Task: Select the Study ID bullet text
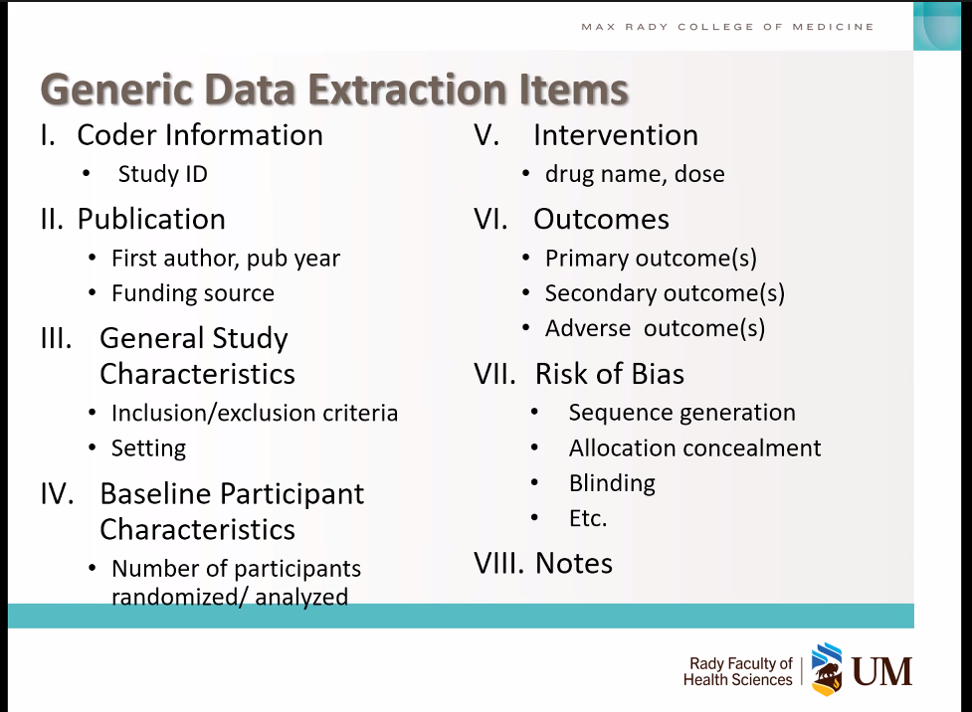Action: coord(162,174)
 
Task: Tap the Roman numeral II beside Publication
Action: coord(52,220)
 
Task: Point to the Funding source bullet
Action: coord(193,293)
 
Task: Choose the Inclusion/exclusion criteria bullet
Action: coord(255,413)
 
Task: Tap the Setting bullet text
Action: coord(149,448)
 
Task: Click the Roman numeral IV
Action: coord(57,494)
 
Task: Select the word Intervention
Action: coord(616,135)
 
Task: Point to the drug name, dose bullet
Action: coord(635,174)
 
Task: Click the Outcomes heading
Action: coord(601,220)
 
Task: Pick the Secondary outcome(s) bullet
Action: coord(665,293)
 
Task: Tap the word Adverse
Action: coord(588,328)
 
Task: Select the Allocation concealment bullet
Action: coord(694,448)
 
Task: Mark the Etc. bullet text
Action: coord(588,519)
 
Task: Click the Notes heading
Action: coord(574,563)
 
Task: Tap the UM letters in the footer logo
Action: coord(882,671)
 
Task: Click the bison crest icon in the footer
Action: coord(827,669)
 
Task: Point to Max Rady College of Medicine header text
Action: coord(728,27)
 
